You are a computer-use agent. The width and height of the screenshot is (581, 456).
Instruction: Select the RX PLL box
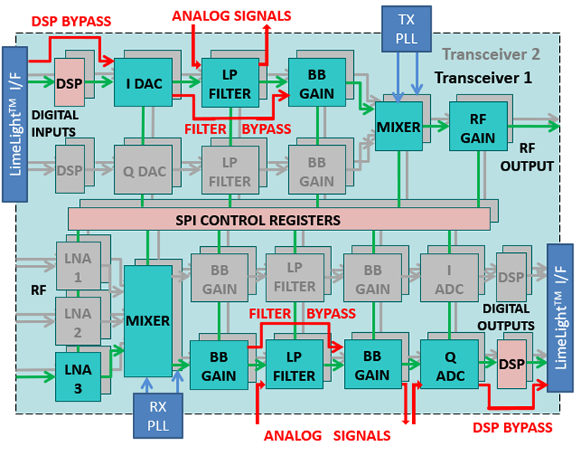[x=158, y=415]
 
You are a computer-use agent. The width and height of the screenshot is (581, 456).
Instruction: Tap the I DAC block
[x=143, y=83]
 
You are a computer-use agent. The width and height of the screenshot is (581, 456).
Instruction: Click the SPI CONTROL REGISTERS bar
[x=278, y=220]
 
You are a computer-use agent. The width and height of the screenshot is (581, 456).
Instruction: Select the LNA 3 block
[x=78, y=376]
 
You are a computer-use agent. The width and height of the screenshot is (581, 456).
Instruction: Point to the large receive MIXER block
[x=148, y=321]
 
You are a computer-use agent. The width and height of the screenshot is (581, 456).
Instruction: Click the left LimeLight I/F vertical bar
[x=14, y=124]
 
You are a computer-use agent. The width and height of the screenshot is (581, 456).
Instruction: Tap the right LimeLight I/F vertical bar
[x=562, y=317]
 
